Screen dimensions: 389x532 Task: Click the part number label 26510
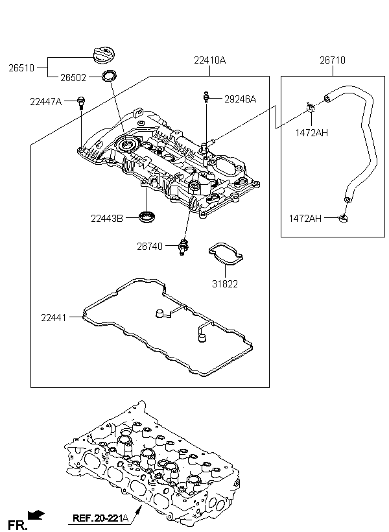[x=21, y=68]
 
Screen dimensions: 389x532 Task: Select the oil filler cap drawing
[x=104, y=55]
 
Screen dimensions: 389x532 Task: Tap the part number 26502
[x=73, y=78]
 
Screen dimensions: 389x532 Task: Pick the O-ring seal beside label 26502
[x=109, y=76]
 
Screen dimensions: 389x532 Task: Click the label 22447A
[x=46, y=101]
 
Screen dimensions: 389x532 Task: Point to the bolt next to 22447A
[x=81, y=103]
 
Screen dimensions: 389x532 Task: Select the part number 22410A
[x=209, y=60]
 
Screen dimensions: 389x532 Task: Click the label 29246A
[x=240, y=99]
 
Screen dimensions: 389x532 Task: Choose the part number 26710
[x=333, y=60]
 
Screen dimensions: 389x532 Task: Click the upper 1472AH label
[x=312, y=132]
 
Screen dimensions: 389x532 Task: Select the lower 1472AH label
[x=305, y=218]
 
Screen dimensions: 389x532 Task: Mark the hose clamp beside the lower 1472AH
[x=343, y=218]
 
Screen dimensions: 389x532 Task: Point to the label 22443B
[x=107, y=219]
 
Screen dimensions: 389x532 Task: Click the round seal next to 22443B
[x=147, y=217]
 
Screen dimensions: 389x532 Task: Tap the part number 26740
[x=150, y=247]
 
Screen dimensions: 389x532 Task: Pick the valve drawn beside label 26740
[x=183, y=247]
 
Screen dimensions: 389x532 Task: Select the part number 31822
[x=225, y=284]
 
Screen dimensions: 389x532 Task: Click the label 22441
[x=54, y=318]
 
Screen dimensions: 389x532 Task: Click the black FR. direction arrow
[x=36, y=515]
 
